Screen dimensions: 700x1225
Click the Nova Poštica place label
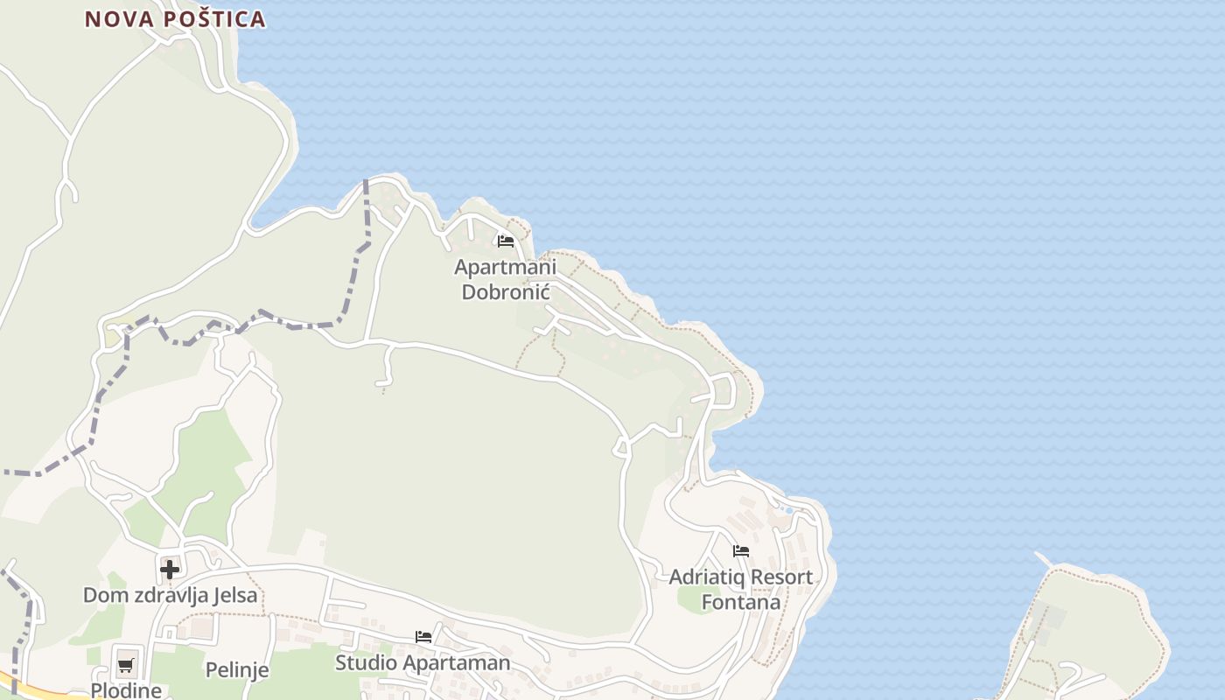[175, 19]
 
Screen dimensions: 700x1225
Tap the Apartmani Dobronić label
[505, 279]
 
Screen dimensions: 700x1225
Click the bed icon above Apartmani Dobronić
[505, 241]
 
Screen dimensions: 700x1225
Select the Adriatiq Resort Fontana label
[741, 590]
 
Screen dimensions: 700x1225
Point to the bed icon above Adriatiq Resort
[741, 551]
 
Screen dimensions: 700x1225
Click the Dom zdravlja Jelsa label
[171, 596]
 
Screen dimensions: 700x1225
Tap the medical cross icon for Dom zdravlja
[170, 570]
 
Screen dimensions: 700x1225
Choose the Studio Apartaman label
[423, 662]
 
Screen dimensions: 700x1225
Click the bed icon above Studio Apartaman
[423, 637]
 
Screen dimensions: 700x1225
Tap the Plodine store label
[126, 690]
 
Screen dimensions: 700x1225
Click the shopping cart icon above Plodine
[126, 665]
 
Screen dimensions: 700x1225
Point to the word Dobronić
[505, 291]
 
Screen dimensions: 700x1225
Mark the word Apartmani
[505, 267]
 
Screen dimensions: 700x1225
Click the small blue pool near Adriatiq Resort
[788, 510]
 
